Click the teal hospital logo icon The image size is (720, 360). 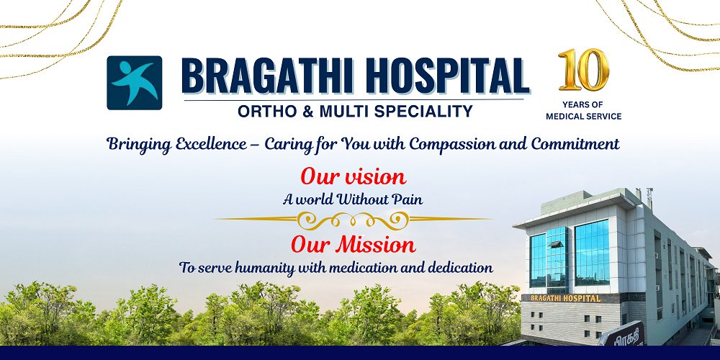(134, 83)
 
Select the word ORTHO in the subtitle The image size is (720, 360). (264, 111)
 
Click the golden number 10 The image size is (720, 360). (583, 71)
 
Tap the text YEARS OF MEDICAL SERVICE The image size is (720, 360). (583, 110)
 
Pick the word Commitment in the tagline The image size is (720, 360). (575, 144)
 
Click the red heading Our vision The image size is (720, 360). (353, 176)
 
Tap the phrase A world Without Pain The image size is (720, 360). (353, 199)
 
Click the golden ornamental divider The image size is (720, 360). (353, 219)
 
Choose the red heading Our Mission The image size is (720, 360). (353, 244)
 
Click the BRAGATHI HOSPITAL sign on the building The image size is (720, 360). (565, 298)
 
